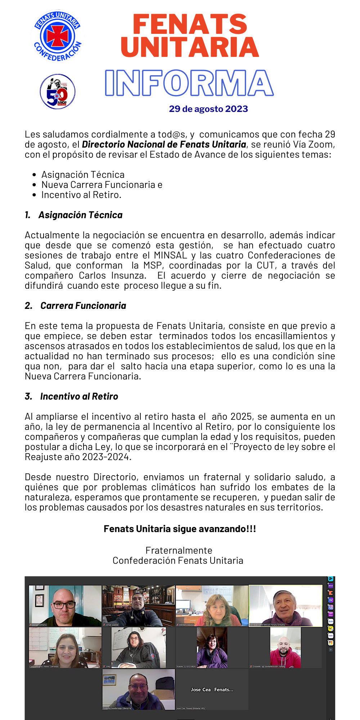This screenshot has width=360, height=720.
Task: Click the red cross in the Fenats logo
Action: (x=57, y=36)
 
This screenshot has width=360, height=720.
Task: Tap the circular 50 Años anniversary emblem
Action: (x=58, y=91)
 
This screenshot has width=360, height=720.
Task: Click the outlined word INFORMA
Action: (x=189, y=83)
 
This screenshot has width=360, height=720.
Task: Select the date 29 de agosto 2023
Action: (x=208, y=109)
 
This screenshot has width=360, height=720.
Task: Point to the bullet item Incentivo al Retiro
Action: (x=81, y=195)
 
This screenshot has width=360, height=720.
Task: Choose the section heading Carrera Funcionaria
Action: (x=83, y=306)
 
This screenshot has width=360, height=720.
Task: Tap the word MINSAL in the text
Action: (x=170, y=255)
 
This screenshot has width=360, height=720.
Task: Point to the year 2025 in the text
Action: (x=241, y=417)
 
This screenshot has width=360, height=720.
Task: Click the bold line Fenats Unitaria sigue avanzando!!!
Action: (x=180, y=529)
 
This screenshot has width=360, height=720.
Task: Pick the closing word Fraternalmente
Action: (x=179, y=550)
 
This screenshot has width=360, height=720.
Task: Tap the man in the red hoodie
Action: (x=285, y=650)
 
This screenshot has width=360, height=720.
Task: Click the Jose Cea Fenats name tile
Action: (x=212, y=690)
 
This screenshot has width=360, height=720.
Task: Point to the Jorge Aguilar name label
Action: (x=112, y=625)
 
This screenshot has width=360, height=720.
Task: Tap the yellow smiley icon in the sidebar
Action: (x=330, y=628)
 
